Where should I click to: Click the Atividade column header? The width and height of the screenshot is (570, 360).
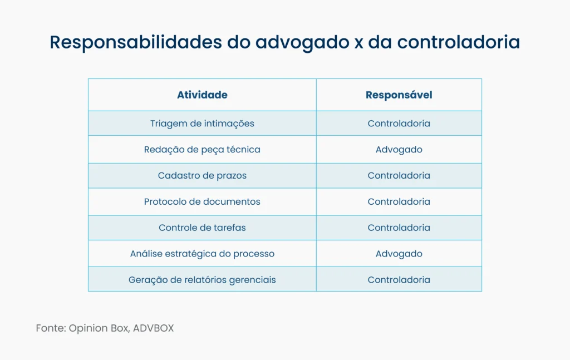(x=202, y=95)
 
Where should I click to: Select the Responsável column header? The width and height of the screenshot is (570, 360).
(x=399, y=95)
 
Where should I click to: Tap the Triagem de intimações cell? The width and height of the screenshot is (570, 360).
(x=202, y=124)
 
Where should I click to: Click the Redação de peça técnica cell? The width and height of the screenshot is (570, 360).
(x=202, y=150)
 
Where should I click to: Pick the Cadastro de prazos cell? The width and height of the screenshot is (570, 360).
(x=202, y=175)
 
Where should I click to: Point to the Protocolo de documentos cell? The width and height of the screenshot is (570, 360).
(x=202, y=201)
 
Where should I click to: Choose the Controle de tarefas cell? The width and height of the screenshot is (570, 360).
(x=202, y=228)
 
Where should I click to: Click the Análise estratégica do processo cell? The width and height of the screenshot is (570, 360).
(x=202, y=254)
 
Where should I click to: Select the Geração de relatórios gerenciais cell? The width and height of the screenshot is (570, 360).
(x=202, y=280)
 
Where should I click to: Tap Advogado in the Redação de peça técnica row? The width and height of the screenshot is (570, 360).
(x=399, y=150)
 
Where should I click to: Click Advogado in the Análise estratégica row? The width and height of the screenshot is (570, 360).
(x=399, y=254)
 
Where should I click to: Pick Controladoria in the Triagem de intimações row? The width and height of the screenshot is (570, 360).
(x=399, y=124)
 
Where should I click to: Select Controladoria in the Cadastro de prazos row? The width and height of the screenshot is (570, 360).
(x=399, y=175)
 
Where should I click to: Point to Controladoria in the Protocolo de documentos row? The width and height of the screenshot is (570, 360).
(x=399, y=201)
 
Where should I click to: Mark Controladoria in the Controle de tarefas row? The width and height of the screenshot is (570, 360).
(x=399, y=228)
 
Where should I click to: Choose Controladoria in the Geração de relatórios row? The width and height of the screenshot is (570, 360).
(x=399, y=280)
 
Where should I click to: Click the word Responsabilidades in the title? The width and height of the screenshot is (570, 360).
(x=135, y=43)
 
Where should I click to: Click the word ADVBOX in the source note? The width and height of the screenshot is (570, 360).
(x=153, y=328)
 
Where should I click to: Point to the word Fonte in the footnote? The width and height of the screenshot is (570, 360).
(x=50, y=328)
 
